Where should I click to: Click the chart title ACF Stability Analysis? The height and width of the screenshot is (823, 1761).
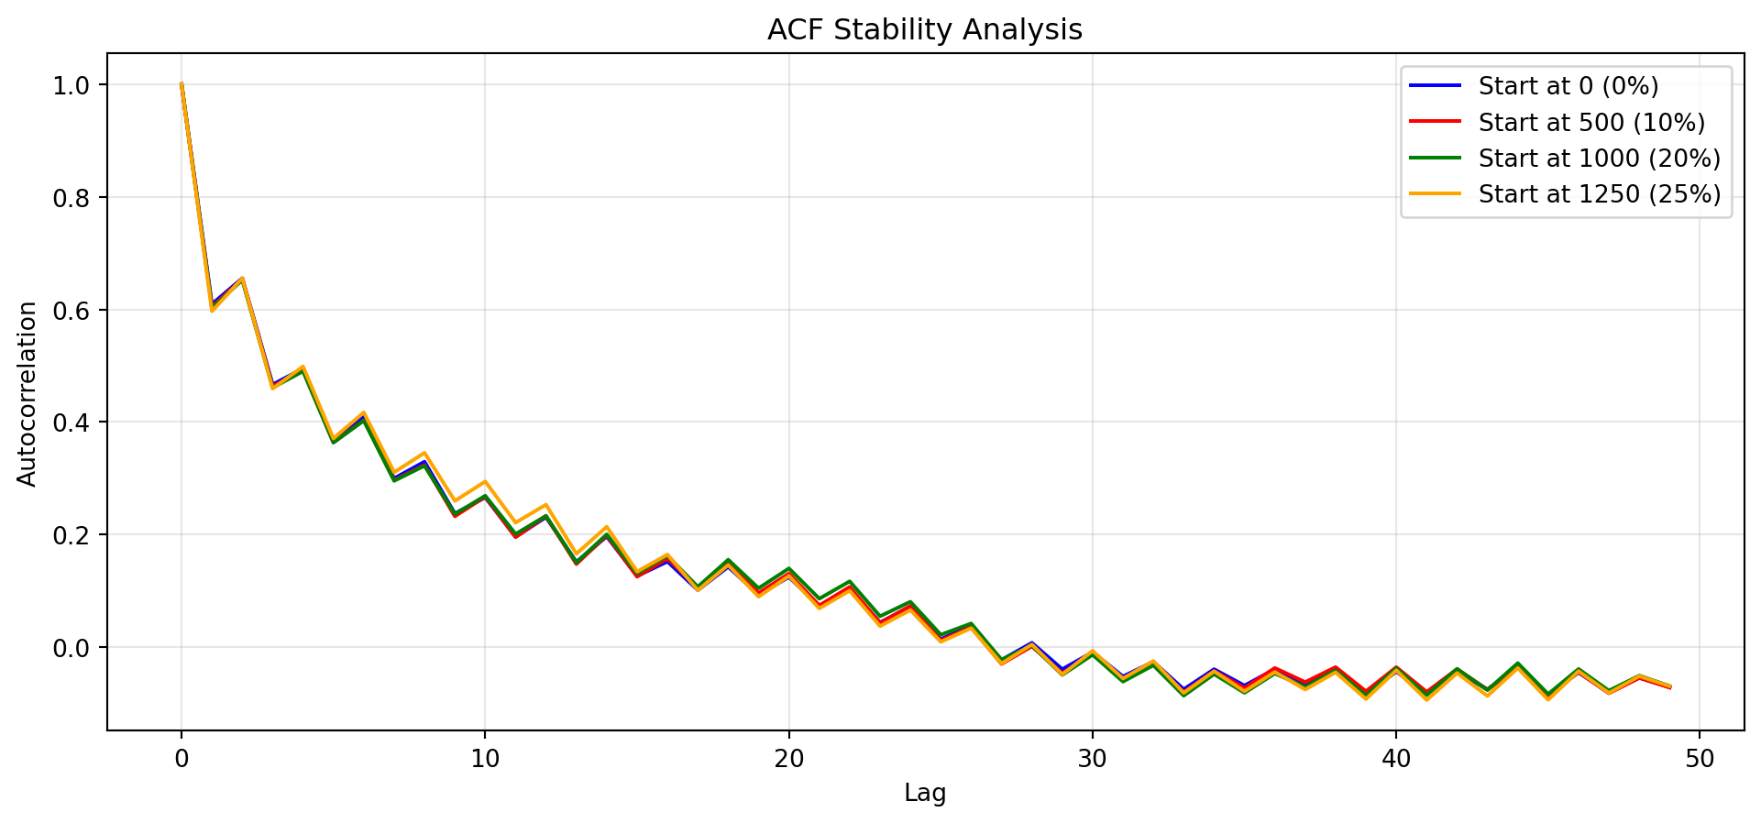coord(924,30)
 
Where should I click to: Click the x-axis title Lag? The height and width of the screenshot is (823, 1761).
coord(924,793)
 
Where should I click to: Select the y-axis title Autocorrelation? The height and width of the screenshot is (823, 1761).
coord(28,393)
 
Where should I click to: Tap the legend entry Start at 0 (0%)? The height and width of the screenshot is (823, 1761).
coord(1568,86)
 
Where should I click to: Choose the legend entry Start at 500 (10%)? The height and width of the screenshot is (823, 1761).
coord(1590,123)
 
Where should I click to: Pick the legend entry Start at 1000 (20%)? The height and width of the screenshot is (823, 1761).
coord(1599,159)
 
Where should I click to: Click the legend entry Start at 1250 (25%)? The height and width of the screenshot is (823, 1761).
coord(1599,194)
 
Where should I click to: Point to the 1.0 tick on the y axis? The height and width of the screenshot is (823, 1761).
coord(79,85)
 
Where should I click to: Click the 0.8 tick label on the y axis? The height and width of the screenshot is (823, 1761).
coord(79,198)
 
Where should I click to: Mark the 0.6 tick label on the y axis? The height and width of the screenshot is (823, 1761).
coord(79,311)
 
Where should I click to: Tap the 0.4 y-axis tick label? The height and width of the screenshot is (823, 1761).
coord(79,422)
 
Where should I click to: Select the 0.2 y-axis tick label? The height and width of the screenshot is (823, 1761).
coord(79,535)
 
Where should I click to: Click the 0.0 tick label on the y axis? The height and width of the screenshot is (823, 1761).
coord(79,648)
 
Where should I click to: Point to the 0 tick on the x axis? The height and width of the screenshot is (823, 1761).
coord(182,759)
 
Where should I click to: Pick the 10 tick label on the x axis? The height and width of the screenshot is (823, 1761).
coord(485,759)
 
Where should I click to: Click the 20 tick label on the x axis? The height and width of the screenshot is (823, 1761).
coord(788,759)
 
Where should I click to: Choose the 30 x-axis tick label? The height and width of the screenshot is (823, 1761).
coord(1092,759)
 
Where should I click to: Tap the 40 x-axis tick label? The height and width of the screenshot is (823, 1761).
coord(1395,759)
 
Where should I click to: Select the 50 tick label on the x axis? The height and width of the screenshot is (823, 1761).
coord(1699,759)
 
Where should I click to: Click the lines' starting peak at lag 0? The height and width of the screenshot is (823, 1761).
coord(182,84)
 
